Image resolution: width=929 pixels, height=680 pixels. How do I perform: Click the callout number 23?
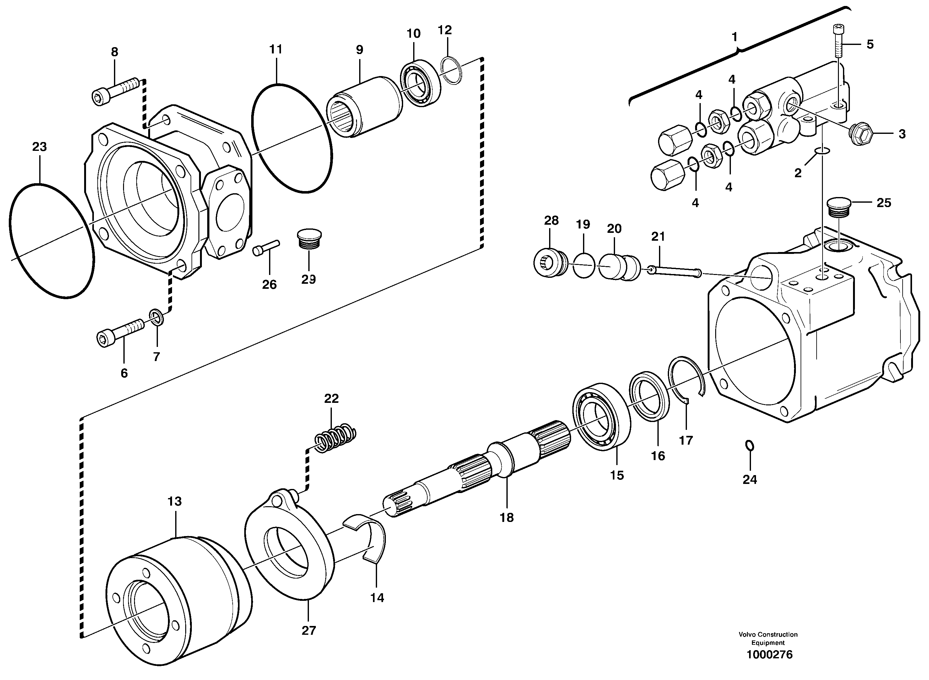[x=40, y=147]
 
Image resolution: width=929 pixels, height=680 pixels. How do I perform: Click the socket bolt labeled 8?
[x=116, y=91]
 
